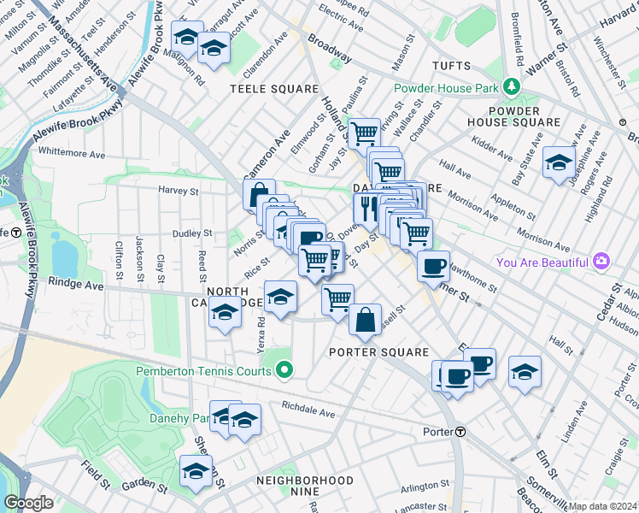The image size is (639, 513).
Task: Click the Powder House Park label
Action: point(447,88)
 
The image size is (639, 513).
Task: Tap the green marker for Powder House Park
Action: point(511,87)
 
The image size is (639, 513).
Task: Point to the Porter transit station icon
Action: point(460,431)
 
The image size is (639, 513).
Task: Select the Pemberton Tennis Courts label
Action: point(203,371)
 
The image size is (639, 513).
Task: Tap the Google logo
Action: point(28,503)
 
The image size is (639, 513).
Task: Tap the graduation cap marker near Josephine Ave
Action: point(559,162)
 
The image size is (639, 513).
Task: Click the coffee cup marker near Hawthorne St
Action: point(434,265)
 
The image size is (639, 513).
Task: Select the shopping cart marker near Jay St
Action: point(365,132)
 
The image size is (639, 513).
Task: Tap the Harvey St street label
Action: point(178,191)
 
